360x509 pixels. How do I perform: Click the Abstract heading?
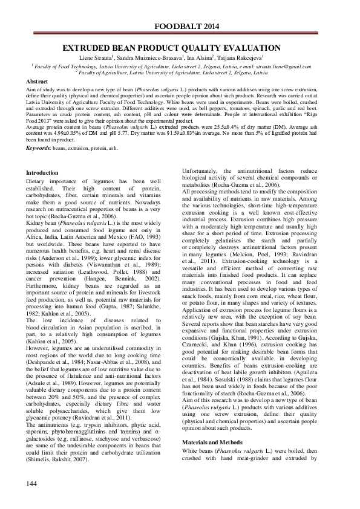coord(38,82)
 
